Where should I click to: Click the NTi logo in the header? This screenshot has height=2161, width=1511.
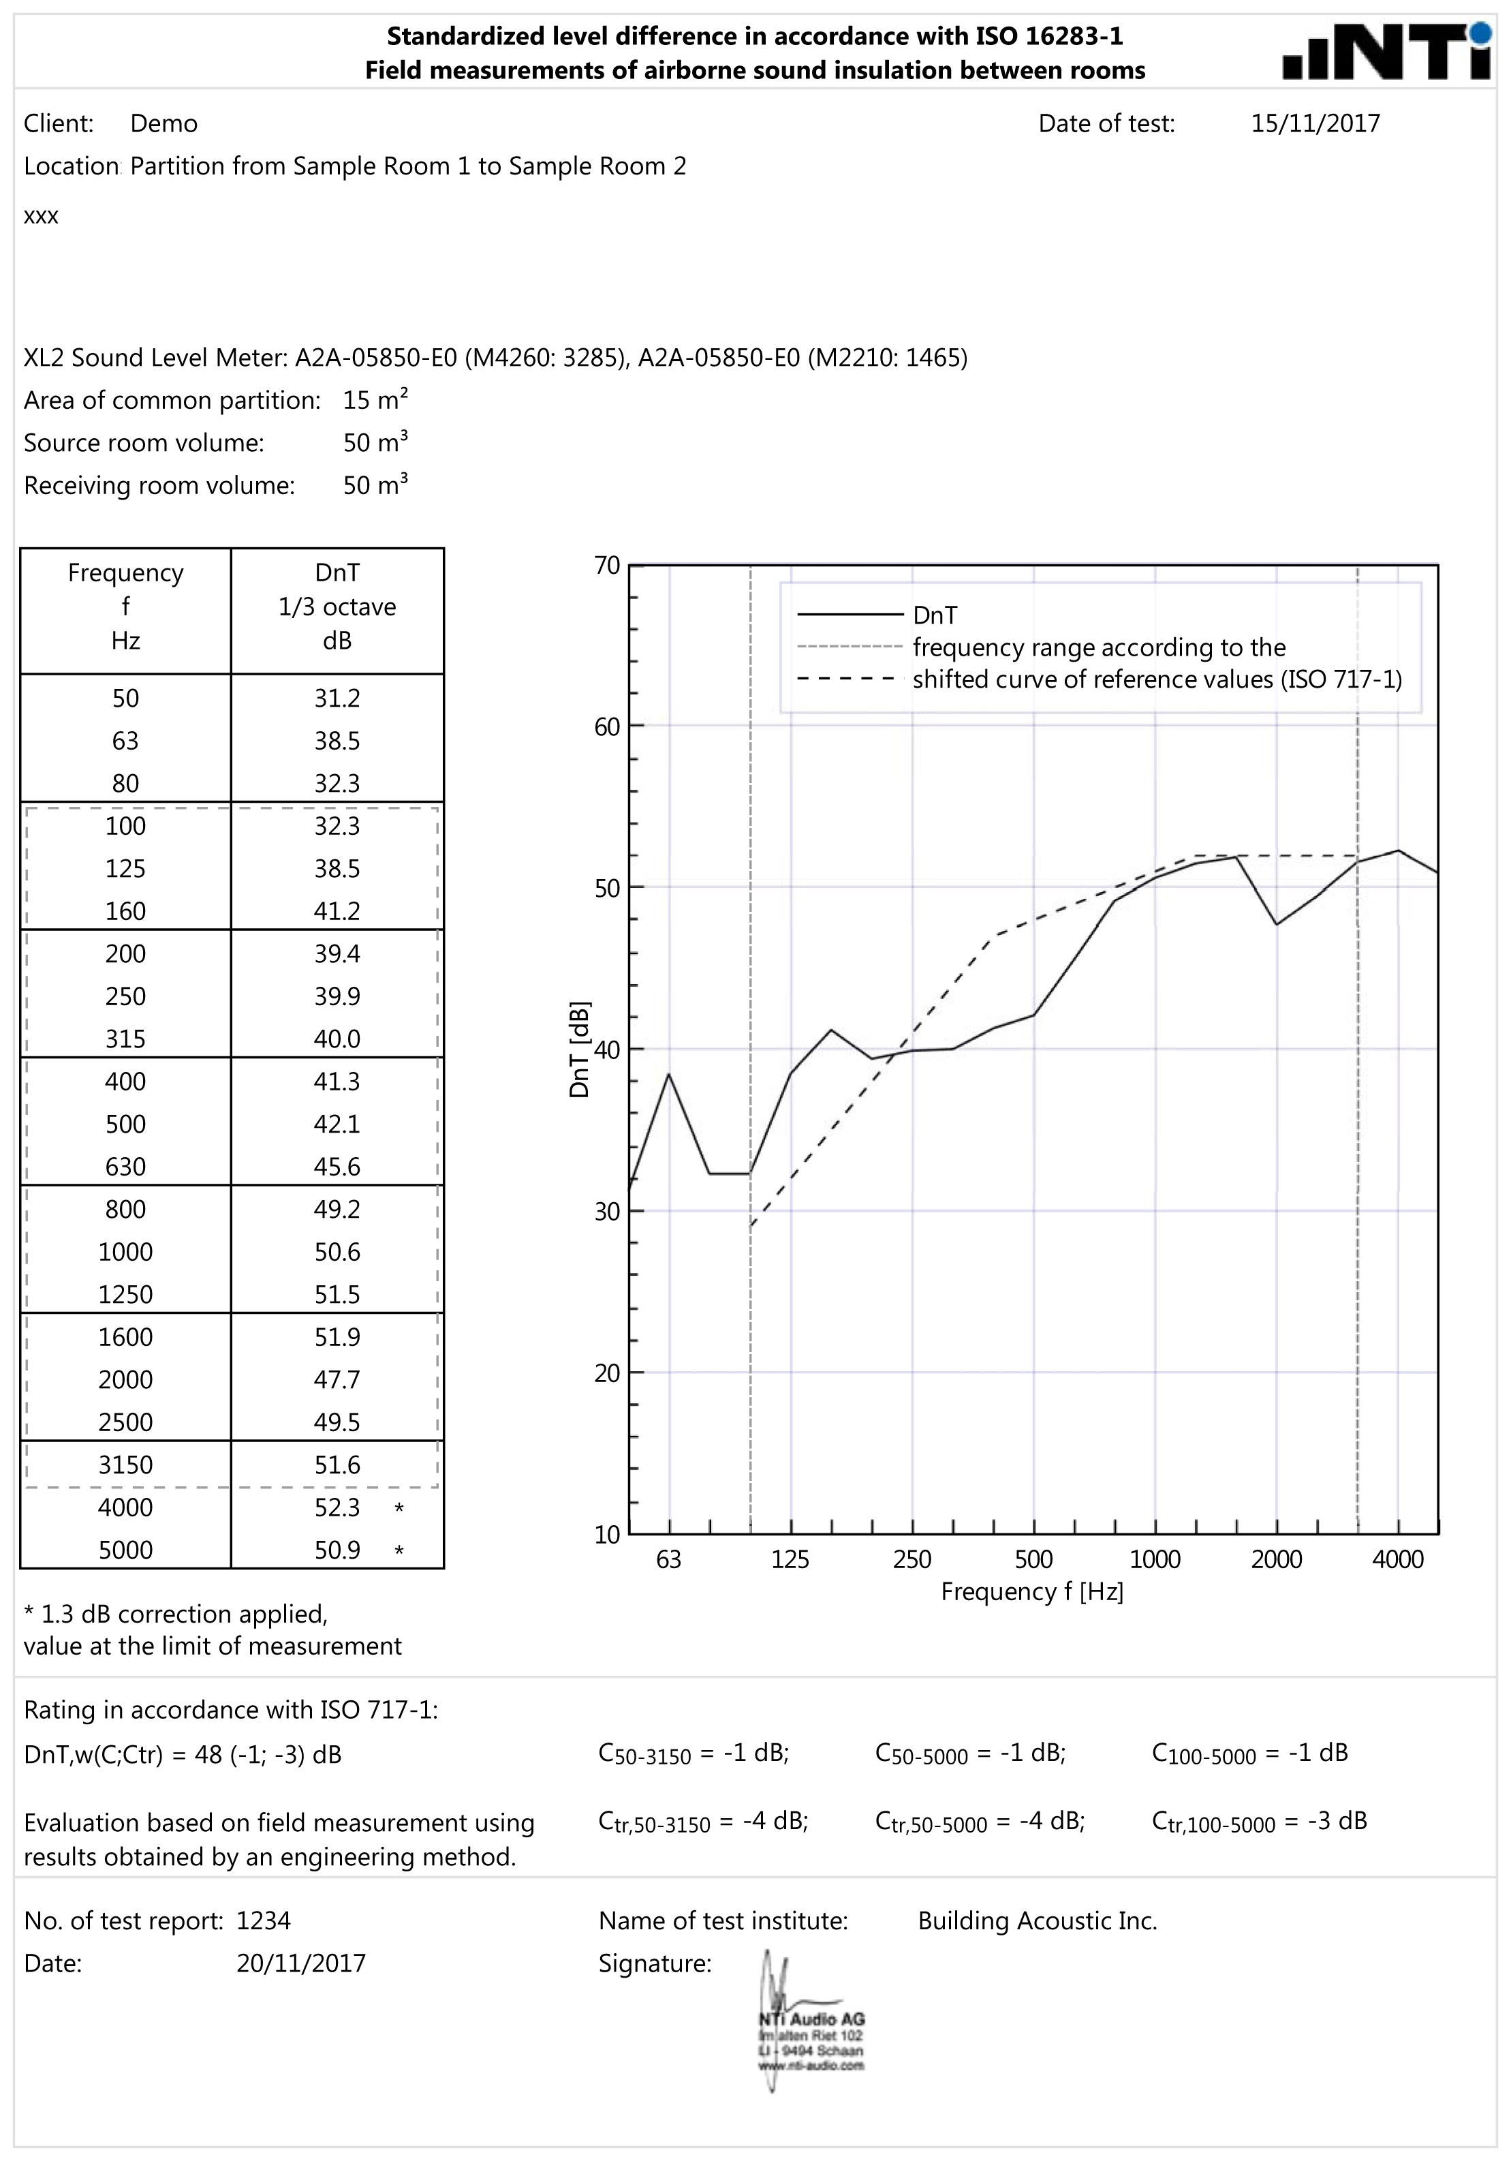[1387, 52]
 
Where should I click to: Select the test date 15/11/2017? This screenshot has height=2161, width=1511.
[1314, 123]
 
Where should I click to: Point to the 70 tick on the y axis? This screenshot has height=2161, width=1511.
[607, 566]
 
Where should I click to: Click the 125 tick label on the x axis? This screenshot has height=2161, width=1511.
[790, 1559]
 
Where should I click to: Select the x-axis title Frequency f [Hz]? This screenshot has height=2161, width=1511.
[1032, 1591]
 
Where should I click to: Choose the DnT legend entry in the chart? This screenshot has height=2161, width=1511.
[934, 615]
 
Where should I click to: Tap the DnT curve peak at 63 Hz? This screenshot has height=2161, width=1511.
[669, 1074]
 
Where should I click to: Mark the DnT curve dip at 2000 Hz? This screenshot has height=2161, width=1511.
[1277, 924]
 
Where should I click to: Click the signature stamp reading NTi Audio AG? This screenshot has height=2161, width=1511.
[811, 2042]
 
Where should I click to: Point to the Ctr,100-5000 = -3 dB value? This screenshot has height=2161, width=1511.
[1259, 1820]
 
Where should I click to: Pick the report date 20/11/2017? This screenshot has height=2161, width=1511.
[301, 1963]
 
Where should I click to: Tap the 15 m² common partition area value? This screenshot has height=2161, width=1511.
[375, 400]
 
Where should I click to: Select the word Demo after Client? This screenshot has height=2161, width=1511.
[163, 123]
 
